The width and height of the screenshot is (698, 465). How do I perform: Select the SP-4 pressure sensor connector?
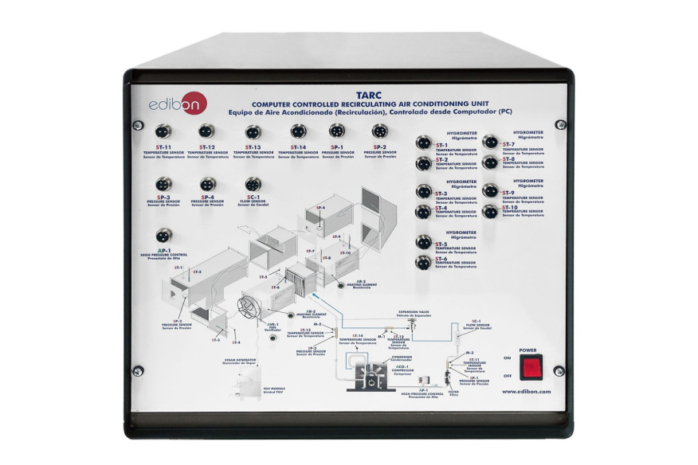tap(208, 183)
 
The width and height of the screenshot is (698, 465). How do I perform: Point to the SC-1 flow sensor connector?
tap(253, 183)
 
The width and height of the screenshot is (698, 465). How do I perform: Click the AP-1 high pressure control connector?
tap(163, 236)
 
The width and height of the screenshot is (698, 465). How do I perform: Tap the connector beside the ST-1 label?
tap(423, 144)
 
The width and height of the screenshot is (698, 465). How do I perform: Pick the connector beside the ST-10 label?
tap(491, 211)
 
